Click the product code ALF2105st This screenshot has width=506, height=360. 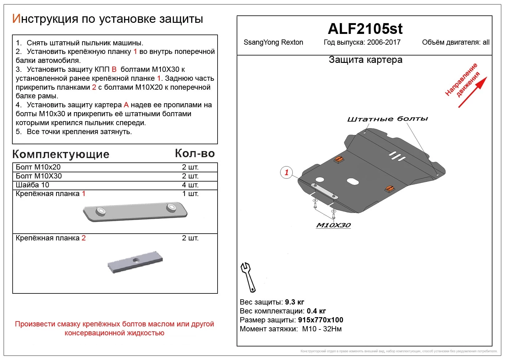pos(365,29)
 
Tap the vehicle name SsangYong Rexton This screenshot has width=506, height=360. pos(273,43)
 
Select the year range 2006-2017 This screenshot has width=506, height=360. pos(384,43)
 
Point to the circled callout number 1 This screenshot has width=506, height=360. pos(286,172)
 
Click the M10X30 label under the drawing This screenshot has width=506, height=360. pos(333,225)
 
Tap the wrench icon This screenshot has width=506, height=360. pos(248,277)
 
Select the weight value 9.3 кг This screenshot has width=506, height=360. pos(294,302)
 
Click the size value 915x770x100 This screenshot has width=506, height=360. pos(320,320)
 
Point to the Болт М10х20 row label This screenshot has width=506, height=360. pos(38,167)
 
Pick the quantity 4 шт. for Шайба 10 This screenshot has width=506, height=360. pos(190,185)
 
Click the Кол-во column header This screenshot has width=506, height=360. pos(195,153)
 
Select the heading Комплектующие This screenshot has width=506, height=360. pos(61,154)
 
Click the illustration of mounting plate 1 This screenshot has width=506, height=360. pos(135,211)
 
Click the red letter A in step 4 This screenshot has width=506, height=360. pos(126,105)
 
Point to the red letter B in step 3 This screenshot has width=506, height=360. pos(114,69)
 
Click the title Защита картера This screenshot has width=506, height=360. pos(365,60)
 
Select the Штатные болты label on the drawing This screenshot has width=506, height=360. pos(387,119)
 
